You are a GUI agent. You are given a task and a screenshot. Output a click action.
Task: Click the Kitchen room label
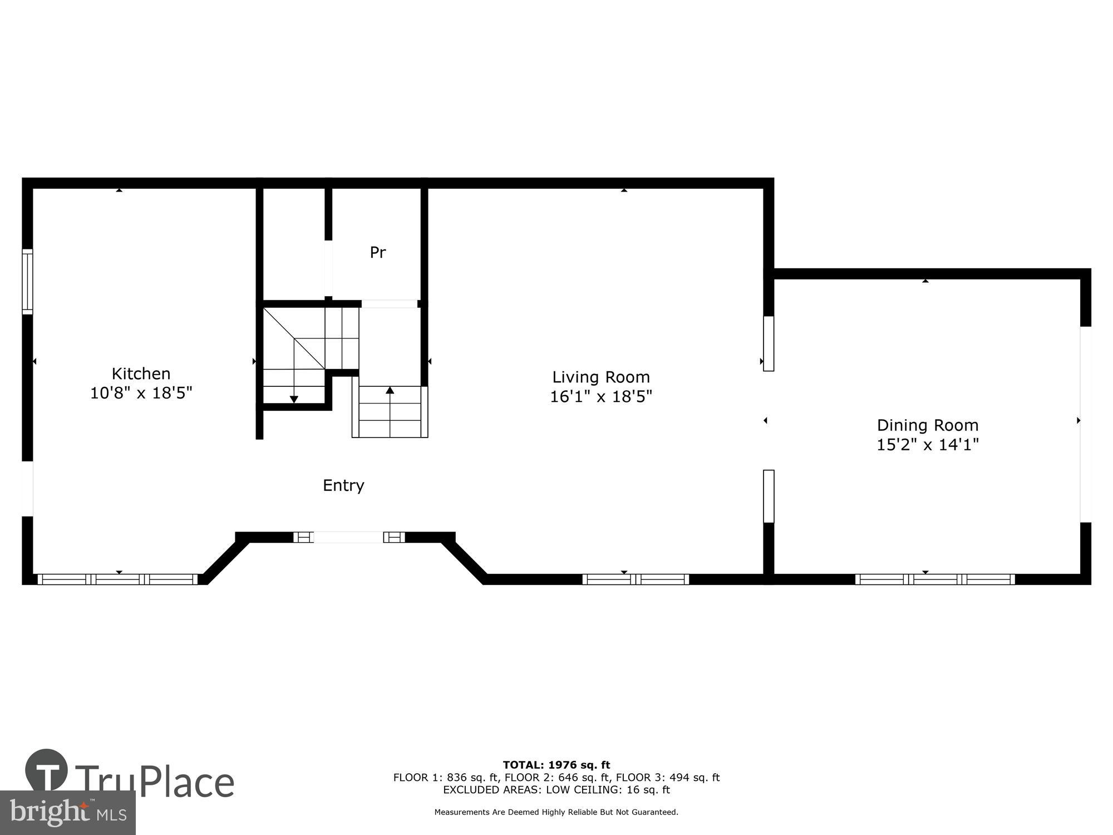tap(141, 374)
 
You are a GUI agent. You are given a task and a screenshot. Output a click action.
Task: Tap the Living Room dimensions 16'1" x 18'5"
tap(600, 396)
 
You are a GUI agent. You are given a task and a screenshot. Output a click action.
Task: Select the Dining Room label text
tap(927, 425)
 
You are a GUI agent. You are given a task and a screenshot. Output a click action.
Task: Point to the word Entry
tap(343, 485)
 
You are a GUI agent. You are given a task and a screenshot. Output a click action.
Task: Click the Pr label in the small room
tap(378, 253)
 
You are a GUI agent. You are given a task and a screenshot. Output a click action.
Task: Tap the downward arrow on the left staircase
tap(294, 399)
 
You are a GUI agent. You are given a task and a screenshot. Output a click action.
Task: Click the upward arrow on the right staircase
tap(390, 390)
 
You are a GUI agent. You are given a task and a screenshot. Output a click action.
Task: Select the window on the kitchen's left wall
tap(27, 282)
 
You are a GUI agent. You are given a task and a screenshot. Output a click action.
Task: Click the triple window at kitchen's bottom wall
tap(117, 579)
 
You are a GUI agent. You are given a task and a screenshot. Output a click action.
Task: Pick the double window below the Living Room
tap(635, 579)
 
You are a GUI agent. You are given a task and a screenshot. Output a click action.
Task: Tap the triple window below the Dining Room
tap(934, 579)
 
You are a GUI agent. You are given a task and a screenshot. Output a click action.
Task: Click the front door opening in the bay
tap(348, 537)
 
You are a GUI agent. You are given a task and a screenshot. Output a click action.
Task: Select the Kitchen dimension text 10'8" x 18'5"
tap(141, 393)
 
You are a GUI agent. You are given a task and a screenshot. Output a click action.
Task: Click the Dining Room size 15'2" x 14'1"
tap(927, 445)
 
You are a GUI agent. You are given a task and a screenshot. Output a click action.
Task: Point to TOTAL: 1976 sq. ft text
tap(556, 765)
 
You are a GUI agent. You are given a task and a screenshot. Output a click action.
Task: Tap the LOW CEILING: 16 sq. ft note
tap(607, 789)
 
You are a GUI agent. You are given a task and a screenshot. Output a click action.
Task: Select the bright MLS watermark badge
tap(67, 813)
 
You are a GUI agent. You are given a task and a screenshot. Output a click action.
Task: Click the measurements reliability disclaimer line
tap(556, 812)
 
